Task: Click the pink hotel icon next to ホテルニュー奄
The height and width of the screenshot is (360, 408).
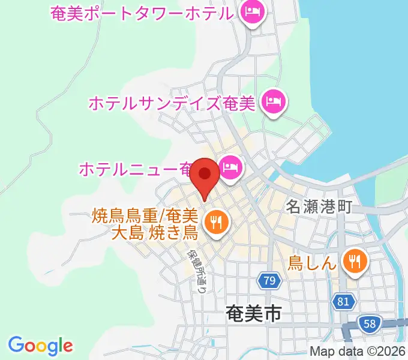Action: coord(230,166)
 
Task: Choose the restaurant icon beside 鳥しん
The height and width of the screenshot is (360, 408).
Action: coord(356,261)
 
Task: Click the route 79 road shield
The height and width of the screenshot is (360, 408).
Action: coord(270,280)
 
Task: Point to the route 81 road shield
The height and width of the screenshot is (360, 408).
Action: coord(343,302)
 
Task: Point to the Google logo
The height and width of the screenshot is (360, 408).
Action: coord(40,346)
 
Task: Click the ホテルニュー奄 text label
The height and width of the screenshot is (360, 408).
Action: coord(136,169)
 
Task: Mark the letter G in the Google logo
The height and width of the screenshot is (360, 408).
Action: coord(16,345)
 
